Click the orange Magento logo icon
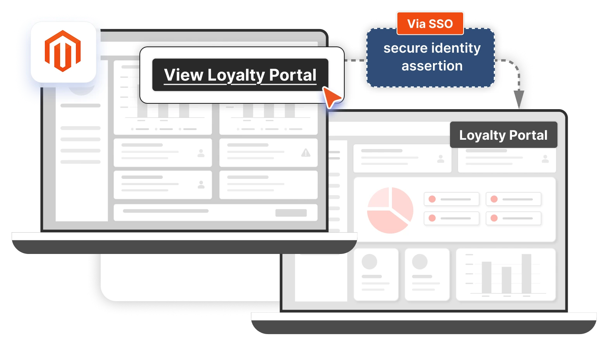pos(63,51)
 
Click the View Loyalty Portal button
pos(240,75)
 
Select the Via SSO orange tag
pos(430,24)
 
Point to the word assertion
pos(432,66)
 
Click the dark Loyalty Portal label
pos(503,135)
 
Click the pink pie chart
pos(390,210)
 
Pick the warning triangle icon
pos(306,153)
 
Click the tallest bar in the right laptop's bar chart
pos(526,273)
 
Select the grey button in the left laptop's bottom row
pos(291,213)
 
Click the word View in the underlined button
pos(184,75)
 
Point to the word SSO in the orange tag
pos(441,24)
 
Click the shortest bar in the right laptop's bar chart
pos(506,279)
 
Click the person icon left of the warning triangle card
pos(201,153)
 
